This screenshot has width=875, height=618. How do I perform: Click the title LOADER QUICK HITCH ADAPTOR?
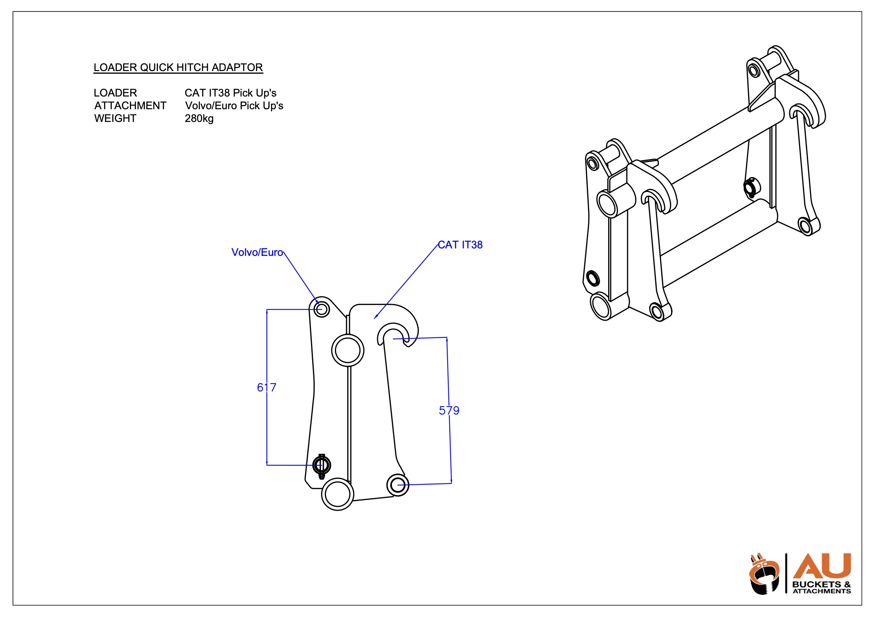click(178, 67)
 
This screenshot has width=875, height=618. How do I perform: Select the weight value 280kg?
click(199, 119)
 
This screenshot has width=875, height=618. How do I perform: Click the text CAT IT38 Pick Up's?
click(230, 93)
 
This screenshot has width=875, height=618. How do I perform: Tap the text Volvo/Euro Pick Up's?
click(234, 105)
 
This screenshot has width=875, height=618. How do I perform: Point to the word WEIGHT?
click(115, 119)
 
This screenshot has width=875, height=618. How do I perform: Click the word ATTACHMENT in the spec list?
click(130, 105)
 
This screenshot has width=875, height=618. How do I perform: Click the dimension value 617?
click(266, 388)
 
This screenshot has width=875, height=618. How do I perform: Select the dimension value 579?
click(449, 410)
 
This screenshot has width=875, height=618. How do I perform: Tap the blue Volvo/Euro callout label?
click(257, 252)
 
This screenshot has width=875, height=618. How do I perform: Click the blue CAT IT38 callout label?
click(460, 245)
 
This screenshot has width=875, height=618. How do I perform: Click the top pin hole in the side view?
click(321, 309)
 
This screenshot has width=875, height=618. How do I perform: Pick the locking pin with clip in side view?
click(321, 465)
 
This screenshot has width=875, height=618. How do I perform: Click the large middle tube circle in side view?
click(348, 350)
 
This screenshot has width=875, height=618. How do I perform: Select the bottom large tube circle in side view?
click(338, 494)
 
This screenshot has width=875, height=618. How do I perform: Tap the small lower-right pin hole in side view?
click(397, 485)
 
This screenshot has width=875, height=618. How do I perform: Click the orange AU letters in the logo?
click(821, 566)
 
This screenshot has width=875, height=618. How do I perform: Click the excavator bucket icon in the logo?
click(763, 576)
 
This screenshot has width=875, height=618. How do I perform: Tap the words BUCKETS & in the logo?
click(821, 584)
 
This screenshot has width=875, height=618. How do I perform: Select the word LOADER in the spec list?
click(115, 93)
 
